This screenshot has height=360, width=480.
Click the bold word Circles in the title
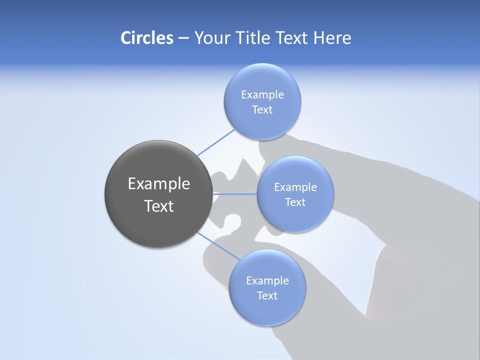(x=146, y=38)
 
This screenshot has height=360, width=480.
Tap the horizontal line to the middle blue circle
(x=235, y=193)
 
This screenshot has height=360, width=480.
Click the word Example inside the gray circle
(x=159, y=184)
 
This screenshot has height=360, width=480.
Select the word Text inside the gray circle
(x=159, y=206)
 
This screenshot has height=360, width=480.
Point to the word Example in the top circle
(x=262, y=94)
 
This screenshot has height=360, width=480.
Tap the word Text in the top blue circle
(x=262, y=110)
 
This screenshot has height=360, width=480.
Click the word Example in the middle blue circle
(x=295, y=187)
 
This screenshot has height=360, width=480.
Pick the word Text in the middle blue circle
(x=295, y=202)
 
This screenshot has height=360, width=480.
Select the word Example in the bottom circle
(x=267, y=281)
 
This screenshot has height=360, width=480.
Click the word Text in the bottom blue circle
(x=267, y=296)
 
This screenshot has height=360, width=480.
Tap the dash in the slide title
(x=183, y=38)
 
